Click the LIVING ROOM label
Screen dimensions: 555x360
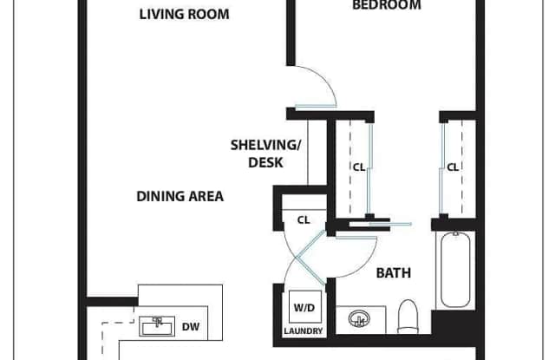pos(184,14)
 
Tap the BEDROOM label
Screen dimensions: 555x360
pos(387,5)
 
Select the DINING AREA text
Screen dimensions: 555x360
pos(180,196)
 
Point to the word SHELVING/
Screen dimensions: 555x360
pos(265,145)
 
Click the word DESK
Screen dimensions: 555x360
pos(265,162)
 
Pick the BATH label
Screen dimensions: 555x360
pos(393,273)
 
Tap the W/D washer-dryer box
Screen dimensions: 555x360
pos(304,306)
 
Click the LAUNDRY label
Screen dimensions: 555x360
pos(304,331)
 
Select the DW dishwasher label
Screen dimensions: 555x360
pos(191,327)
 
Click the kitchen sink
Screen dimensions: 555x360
pos(157,326)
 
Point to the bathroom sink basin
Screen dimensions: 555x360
pos(359,318)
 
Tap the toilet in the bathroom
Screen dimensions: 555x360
pos(408,317)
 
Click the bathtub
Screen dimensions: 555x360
pos(455,270)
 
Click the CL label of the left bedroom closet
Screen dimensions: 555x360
pos(359,167)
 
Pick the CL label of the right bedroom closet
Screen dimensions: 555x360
pos(453,167)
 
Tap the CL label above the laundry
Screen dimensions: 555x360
pos(304,220)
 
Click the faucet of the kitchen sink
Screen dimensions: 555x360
pos(157,322)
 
